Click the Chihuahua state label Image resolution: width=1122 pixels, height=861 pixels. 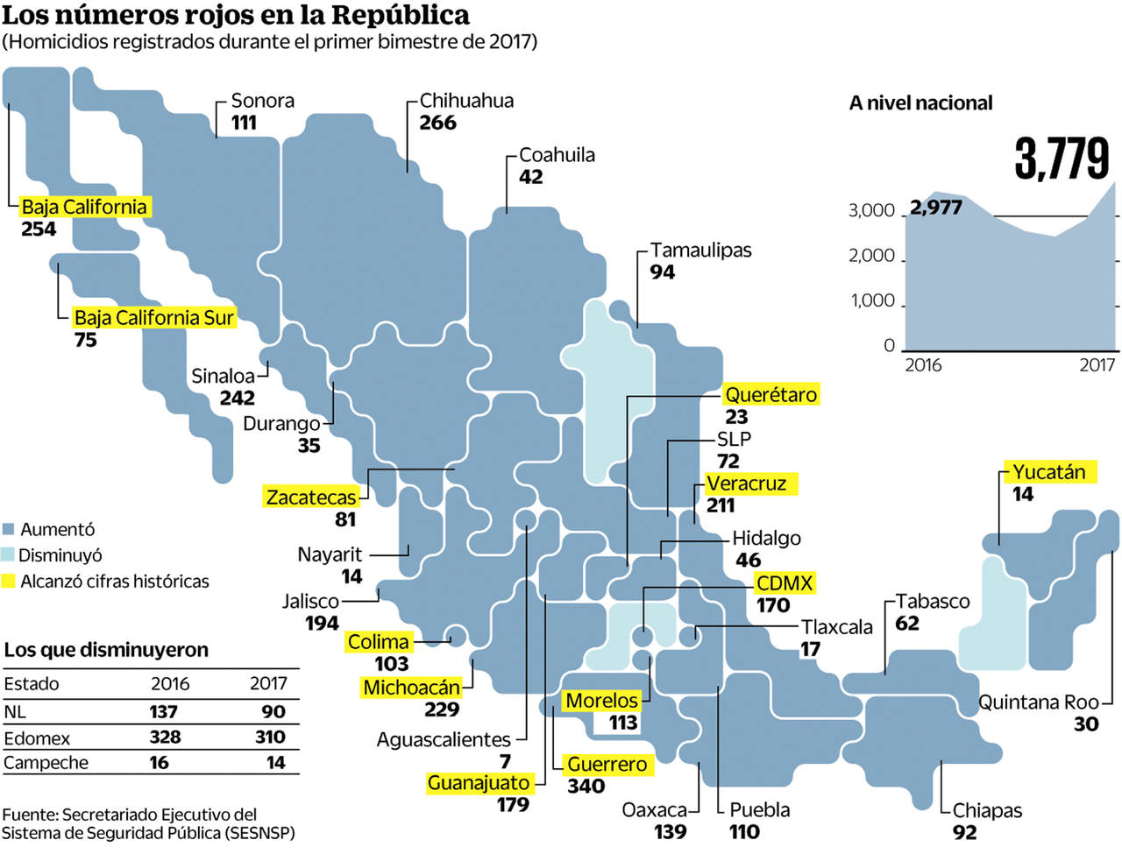466,101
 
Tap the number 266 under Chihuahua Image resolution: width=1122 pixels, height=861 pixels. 437,123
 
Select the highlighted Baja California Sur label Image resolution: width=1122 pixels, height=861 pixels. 153,317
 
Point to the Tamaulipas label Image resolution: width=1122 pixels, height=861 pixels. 700,251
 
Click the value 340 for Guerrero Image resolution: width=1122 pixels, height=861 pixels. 586,786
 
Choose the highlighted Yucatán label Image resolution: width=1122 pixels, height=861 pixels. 1048,472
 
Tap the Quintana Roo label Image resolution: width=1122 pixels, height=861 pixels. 1038,702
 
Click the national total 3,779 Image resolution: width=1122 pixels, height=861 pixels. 1062,159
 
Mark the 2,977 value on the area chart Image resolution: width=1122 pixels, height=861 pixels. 936,208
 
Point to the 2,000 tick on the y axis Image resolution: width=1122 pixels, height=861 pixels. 871,256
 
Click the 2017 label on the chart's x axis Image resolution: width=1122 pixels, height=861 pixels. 1097,364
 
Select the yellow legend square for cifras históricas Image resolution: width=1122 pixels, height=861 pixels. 9,581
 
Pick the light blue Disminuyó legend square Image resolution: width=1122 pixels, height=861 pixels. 9,555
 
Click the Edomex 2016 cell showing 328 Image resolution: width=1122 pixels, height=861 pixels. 165,737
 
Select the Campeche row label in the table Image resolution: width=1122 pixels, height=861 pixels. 46,763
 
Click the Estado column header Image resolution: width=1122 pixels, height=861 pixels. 32,684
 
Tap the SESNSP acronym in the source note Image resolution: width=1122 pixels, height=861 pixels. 259,833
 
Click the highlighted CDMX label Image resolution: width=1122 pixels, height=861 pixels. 785,583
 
